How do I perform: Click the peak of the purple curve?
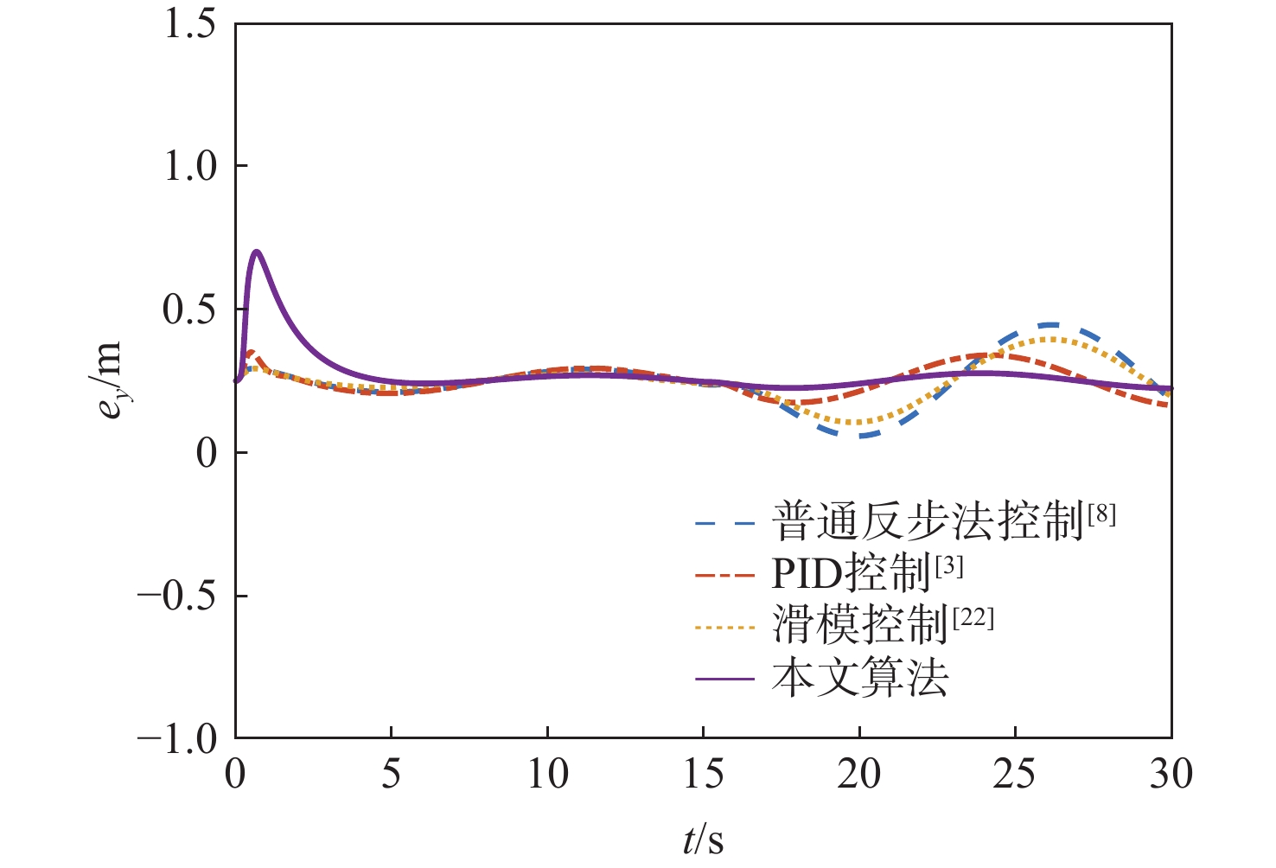click(256, 252)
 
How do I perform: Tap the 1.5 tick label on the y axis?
click(190, 23)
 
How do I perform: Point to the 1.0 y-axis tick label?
click(190, 166)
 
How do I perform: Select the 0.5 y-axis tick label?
click(190, 310)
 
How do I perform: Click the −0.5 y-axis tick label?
click(177, 596)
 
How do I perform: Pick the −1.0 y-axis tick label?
click(177, 738)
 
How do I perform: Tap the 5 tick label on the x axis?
click(392, 774)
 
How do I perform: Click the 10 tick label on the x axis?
click(547, 774)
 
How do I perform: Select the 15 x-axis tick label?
click(704, 774)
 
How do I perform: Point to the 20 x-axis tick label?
click(859, 774)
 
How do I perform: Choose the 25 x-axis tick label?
click(1015, 774)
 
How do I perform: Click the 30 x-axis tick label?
click(1171, 774)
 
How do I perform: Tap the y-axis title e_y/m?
click(111, 380)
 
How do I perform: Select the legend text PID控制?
click(852, 572)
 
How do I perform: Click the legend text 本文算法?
click(860, 678)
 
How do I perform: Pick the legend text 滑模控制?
click(860, 624)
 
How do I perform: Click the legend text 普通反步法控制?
click(928, 521)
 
